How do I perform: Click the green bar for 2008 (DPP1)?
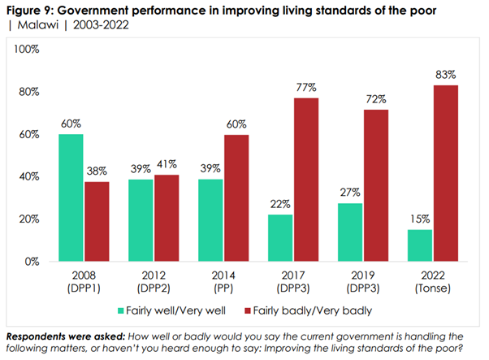pos(71,197)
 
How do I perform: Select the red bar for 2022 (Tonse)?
pos(446,173)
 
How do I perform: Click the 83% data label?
pos(446,76)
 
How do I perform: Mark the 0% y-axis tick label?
pos(32,262)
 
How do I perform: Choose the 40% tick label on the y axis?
pos(30,176)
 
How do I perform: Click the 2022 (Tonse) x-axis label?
pos(434,280)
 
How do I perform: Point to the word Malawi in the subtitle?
pos(35,24)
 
